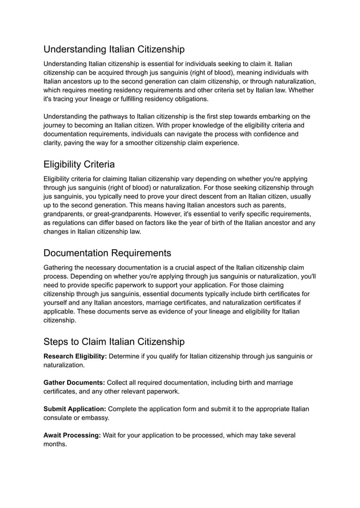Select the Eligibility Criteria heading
point(79,164)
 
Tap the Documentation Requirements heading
point(107,252)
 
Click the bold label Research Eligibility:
point(75,356)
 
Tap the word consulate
point(61,418)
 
